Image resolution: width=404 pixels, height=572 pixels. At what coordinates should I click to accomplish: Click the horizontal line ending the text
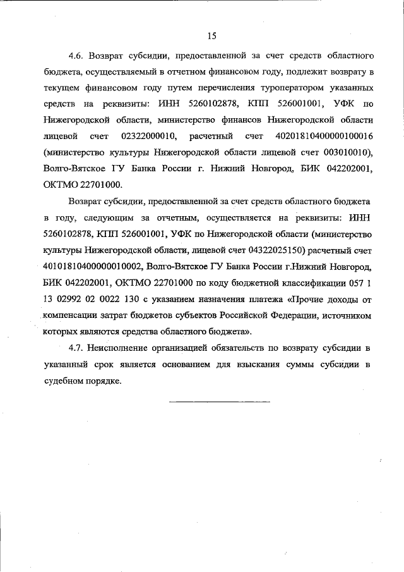point(219,401)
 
